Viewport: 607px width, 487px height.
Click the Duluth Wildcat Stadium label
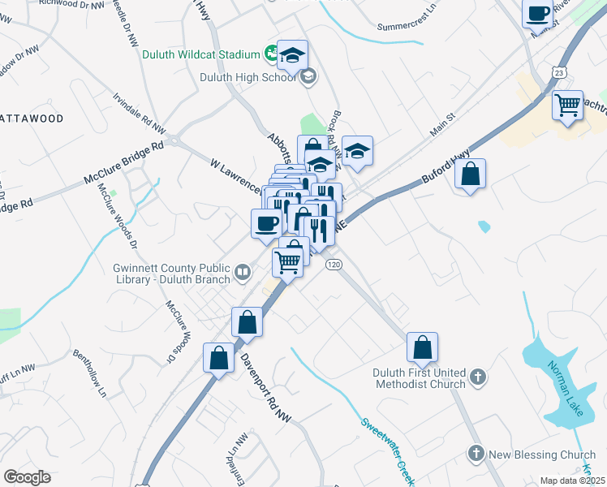click(200, 55)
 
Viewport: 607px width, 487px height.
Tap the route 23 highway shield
click(560, 72)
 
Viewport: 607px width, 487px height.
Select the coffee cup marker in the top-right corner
click(538, 15)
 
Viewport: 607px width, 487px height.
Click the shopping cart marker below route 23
click(568, 105)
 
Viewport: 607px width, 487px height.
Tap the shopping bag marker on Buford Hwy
click(471, 174)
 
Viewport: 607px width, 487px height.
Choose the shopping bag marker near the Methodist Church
click(422, 347)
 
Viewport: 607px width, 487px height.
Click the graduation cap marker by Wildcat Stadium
click(292, 55)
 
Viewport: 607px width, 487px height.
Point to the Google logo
click(27, 477)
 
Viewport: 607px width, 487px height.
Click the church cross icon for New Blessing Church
click(476, 454)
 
